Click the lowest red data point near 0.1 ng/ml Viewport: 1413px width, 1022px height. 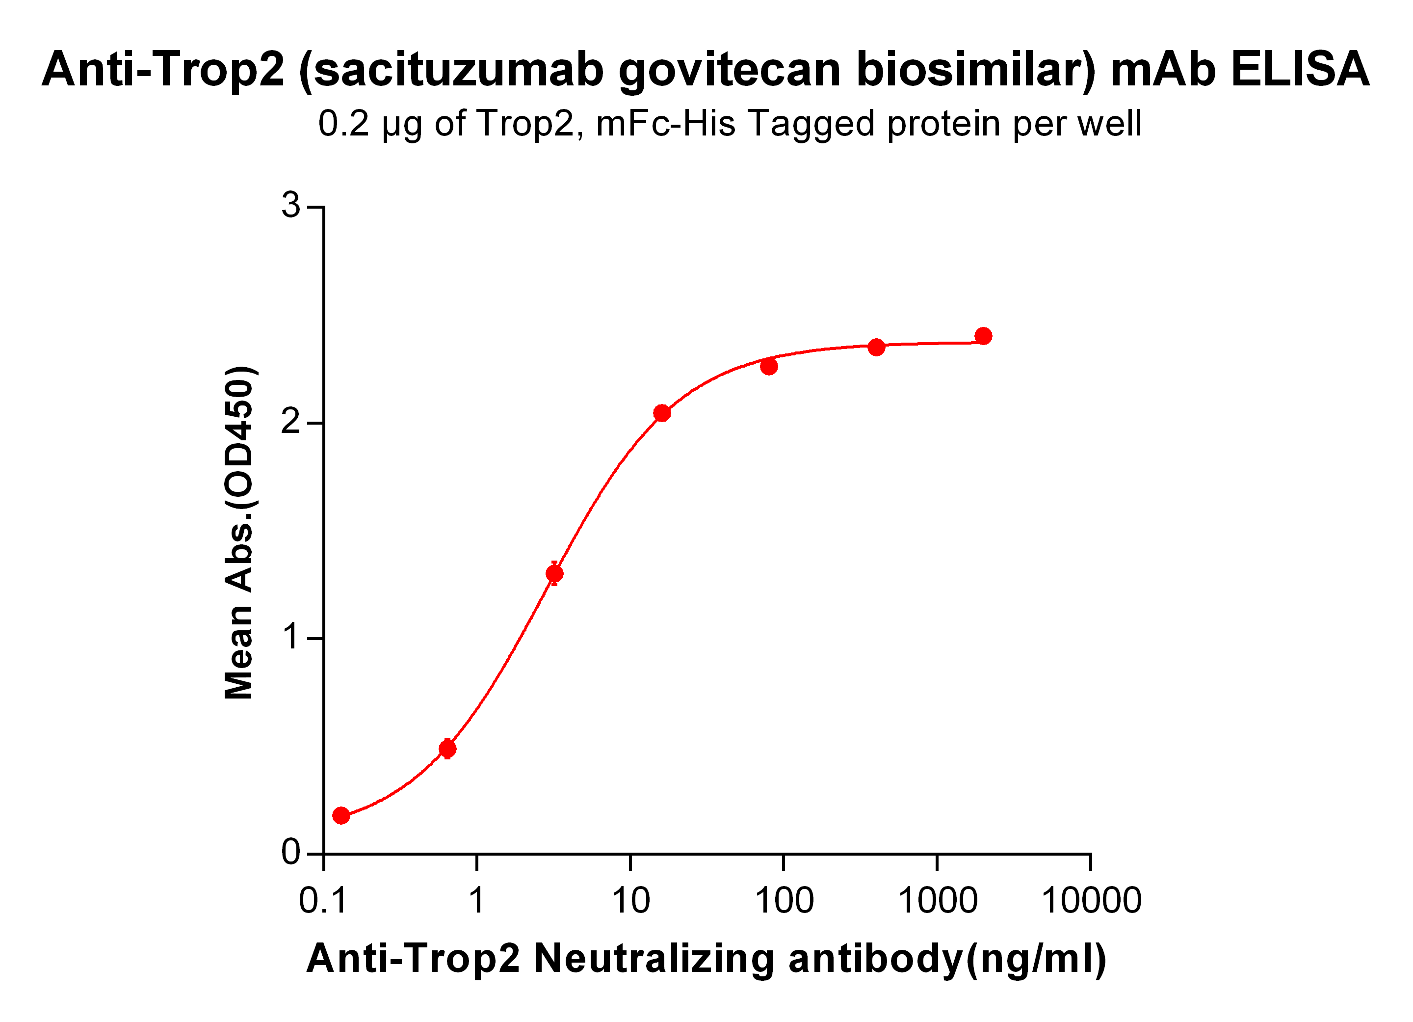click(341, 816)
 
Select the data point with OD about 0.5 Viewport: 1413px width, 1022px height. click(447, 749)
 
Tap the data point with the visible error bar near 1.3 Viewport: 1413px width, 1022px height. click(554, 573)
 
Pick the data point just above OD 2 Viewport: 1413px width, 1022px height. click(662, 413)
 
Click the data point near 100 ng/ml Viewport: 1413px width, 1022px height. click(769, 366)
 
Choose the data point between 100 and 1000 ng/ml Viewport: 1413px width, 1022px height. click(876, 347)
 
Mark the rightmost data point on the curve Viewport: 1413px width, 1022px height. click(983, 337)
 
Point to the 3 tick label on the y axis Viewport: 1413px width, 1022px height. click(290, 205)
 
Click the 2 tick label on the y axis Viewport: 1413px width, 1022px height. click(290, 423)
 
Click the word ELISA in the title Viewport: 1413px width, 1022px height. click(1300, 69)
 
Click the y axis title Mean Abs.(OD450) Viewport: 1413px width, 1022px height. click(239, 533)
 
